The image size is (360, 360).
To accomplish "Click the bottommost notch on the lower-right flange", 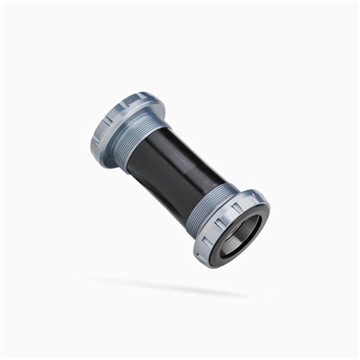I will [208, 261].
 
